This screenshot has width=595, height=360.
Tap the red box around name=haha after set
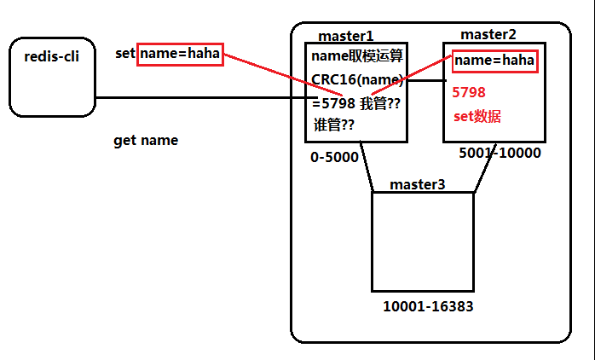[180, 54]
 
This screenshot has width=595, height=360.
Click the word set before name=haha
[125, 54]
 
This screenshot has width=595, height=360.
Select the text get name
[146, 141]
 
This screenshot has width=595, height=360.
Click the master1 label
[345, 36]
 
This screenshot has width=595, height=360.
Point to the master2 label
[488, 34]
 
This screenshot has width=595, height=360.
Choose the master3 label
[418, 184]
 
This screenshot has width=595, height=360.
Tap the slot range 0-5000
[333, 158]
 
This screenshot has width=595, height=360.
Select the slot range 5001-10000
[500, 154]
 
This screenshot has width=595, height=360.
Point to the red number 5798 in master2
[470, 92]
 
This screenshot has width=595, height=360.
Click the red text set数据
[477, 117]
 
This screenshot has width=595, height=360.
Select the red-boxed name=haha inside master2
[494, 61]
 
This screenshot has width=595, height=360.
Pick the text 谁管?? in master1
[334, 125]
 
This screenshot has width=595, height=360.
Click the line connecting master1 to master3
[367, 167]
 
